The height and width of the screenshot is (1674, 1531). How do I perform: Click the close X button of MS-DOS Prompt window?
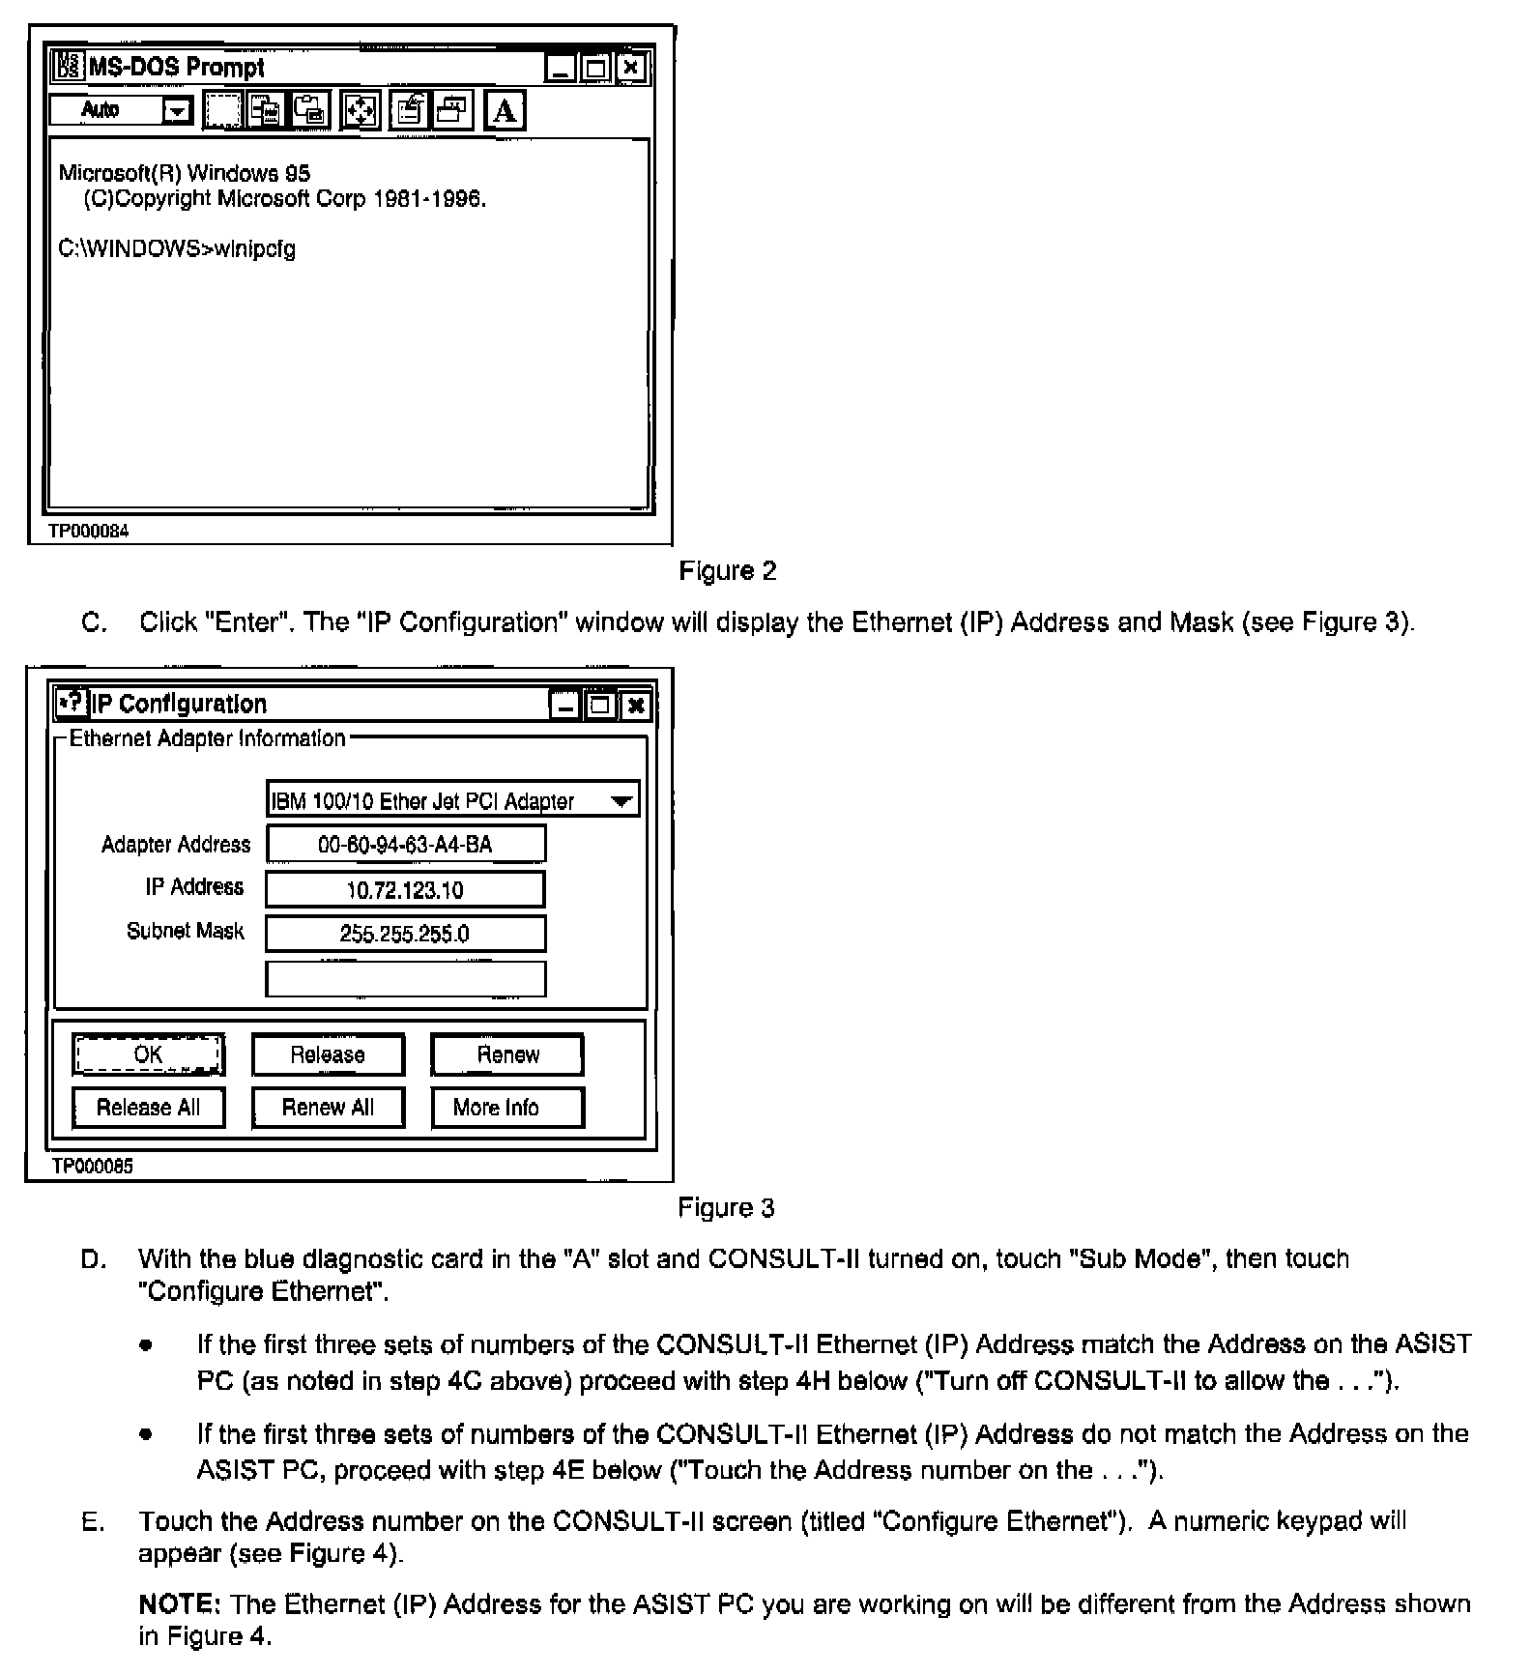pos(630,68)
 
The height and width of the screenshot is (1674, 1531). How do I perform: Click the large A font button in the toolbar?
pos(505,111)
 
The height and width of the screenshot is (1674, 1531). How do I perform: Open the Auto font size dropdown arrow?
pos(177,111)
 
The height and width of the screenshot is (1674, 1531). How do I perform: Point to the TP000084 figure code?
pos(88,531)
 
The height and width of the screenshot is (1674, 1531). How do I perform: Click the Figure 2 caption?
pos(728,571)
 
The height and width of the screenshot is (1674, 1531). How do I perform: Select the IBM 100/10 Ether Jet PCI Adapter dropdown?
pos(452,800)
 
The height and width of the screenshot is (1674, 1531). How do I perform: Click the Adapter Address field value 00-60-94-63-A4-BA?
pos(405,844)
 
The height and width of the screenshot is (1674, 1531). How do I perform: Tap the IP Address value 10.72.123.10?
pos(405,890)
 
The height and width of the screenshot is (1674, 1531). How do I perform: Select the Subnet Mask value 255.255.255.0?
pos(405,934)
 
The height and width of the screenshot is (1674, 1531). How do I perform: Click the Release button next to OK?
pos(328,1054)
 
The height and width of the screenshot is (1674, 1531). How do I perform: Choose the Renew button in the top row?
pos(507,1054)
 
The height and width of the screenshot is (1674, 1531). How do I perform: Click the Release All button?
pos(148,1108)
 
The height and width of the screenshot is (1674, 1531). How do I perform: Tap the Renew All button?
pos(328,1108)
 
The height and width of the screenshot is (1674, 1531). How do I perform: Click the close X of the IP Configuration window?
pos(635,706)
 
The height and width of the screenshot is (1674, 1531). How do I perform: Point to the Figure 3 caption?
pos(726,1208)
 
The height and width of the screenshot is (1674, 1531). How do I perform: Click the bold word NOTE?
pos(180,1604)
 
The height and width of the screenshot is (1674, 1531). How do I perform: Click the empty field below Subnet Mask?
pos(405,978)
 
